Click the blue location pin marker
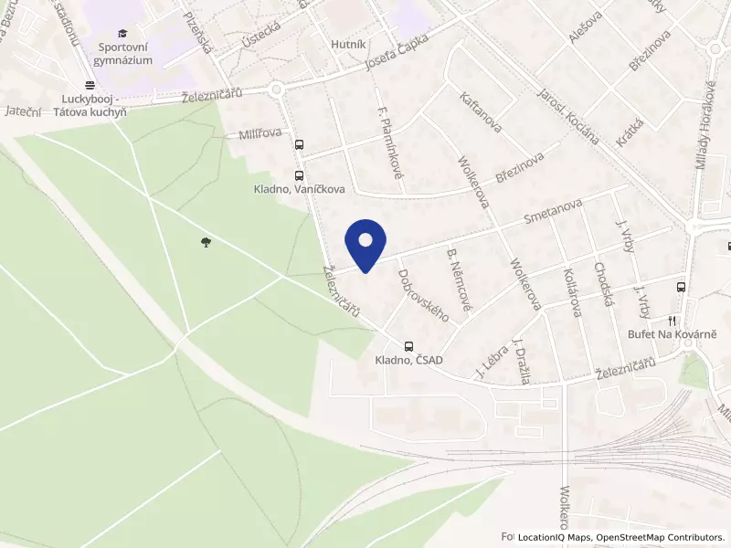365,244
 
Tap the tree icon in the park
207,242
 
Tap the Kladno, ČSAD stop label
408,360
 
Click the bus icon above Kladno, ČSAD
408,346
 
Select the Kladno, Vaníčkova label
299,189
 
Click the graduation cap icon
122,34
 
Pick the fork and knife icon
673,321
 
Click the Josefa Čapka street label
396,56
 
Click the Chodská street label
602,284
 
